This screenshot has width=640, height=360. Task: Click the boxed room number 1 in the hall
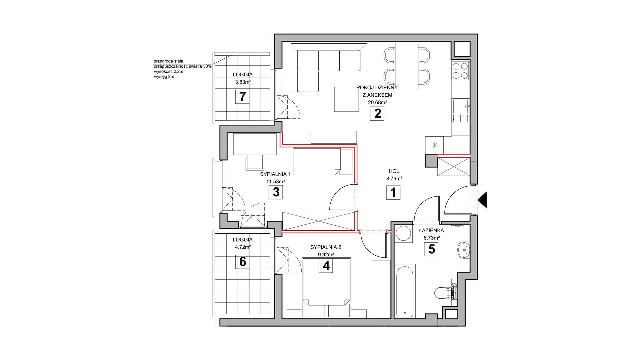coord(393,193)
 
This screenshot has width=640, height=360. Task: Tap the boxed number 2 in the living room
coord(377,113)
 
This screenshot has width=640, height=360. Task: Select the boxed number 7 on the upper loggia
coord(243,97)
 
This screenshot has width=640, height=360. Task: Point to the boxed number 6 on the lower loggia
coord(243,262)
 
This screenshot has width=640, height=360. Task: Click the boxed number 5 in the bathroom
coord(432,249)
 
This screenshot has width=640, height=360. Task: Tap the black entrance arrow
coord(482,200)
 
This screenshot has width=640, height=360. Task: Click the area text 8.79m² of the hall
coord(394,178)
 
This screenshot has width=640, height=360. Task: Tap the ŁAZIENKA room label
coord(431,230)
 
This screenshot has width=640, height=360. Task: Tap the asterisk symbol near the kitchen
coord(435,145)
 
